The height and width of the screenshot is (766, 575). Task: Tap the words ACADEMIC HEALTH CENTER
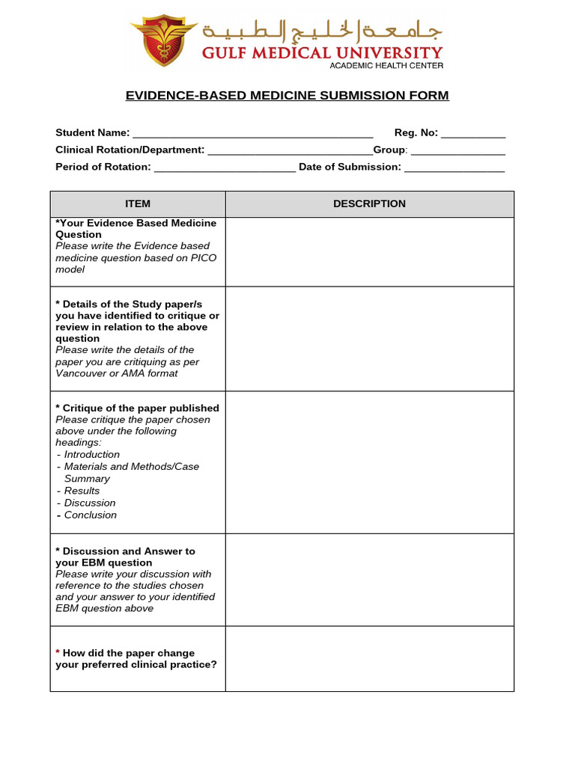pyautogui.click(x=386, y=66)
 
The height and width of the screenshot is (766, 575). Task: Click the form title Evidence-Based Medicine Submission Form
pyautogui.click(x=287, y=96)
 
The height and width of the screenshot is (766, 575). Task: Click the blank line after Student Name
pyautogui.click(x=252, y=134)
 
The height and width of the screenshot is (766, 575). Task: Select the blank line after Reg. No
pyautogui.click(x=473, y=134)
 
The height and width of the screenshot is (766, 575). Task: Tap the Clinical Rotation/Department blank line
pyautogui.click(x=290, y=151)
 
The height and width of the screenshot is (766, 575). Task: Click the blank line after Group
pyautogui.click(x=458, y=151)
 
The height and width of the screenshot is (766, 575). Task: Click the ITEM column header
pyautogui.click(x=138, y=204)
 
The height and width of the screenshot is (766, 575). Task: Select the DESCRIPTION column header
pyautogui.click(x=369, y=204)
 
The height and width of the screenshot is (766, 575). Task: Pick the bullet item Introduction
pyautogui.click(x=91, y=455)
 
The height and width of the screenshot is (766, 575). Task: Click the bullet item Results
pyautogui.click(x=82, y=491)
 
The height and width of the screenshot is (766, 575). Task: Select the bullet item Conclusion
pyautogui.click(x=90, y=515)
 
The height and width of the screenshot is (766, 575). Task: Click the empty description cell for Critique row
pyautogui.click(x=369, y=462)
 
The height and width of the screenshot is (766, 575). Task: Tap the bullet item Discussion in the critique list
pyautogui.click(x=90, y=503)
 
